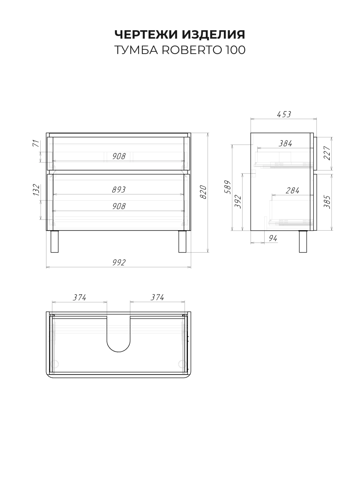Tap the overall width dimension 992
[x=119, y=262]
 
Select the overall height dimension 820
[x=203, y=192]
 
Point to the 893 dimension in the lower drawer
[x=119, y=190]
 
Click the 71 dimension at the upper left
[x=36, y=143]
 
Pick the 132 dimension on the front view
[x=36, y=190]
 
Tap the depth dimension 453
[x=284, y=114]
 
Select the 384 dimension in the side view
[x=285, y=144]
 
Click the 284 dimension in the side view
[x=292, y=191]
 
